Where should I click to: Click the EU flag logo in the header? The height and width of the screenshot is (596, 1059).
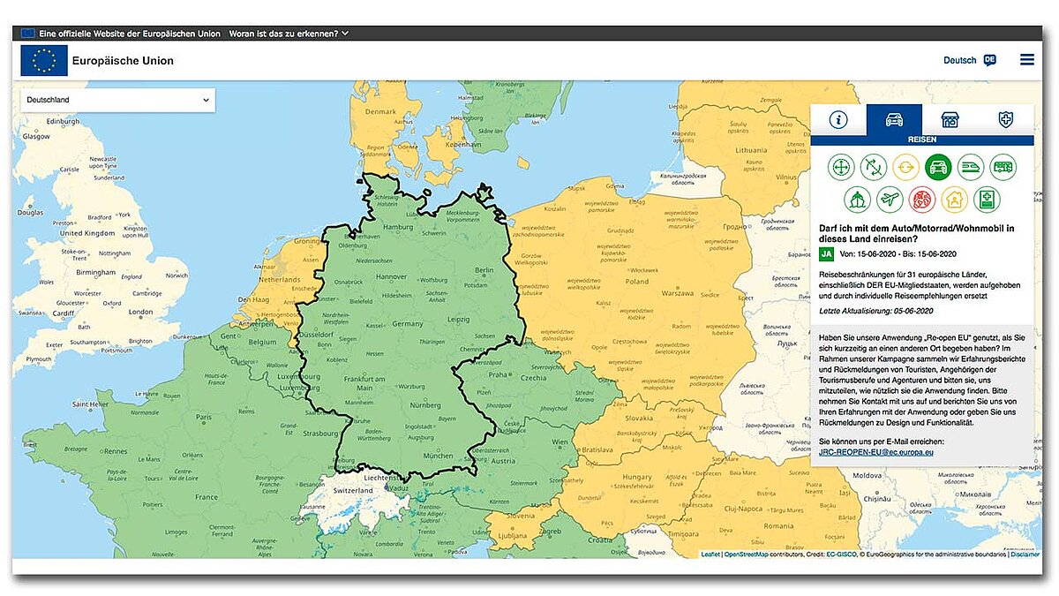point(44,61)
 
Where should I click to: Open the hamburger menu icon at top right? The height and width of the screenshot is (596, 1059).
point(1026,60)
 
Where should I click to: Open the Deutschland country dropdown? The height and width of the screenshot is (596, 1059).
point(117,100)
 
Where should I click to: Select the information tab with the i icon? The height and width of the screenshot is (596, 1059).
point(837,120)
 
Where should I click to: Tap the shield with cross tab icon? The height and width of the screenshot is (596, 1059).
point(1005,120)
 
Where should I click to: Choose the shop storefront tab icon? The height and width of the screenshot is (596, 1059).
point(950,120)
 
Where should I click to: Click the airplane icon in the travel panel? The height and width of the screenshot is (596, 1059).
point(890,200)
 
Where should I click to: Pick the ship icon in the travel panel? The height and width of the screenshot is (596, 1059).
point(857,200)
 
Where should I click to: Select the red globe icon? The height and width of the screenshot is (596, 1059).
point(922,200)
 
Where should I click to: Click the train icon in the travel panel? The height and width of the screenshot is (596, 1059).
point(970,167)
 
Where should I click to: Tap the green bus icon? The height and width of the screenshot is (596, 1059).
point(1003,167)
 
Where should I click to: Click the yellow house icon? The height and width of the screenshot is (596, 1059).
point(954,200)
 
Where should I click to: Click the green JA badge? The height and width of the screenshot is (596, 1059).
point(827,254)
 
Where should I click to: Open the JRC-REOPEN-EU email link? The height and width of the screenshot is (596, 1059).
point(876,452)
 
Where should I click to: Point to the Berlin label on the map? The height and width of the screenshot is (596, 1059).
point(484,270)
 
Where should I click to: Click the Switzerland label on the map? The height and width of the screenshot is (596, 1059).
point(353,491)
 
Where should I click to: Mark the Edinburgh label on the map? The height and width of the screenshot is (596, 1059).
point(63,121)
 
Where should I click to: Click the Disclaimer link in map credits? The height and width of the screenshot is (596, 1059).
point(1025,555)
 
